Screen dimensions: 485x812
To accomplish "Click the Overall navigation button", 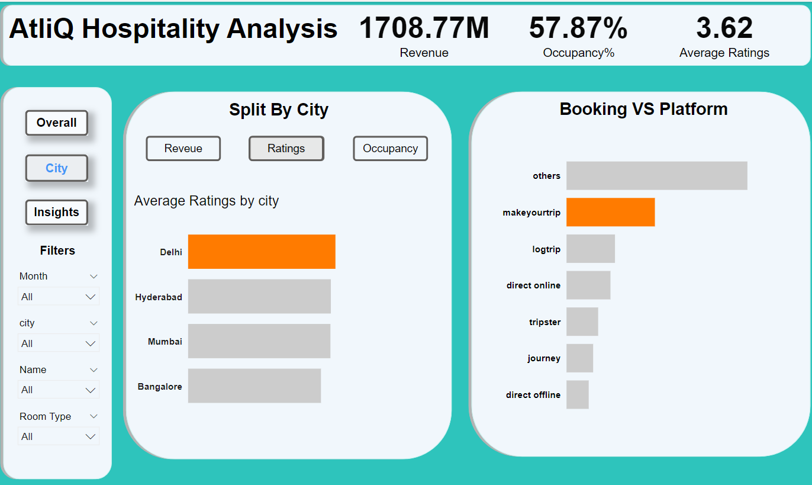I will coord(56,123).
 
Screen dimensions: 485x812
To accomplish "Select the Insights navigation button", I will coord(56,213).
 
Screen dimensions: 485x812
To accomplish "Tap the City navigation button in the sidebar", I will coord(56,168).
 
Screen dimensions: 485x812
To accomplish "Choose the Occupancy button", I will coord(390,149).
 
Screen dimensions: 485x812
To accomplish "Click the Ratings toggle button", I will coord(286,149).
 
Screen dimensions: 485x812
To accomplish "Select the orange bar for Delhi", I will coord(262,252).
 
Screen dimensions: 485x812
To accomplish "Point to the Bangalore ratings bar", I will coord(254,386).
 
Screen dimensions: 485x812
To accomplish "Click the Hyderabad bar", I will coord(259,297).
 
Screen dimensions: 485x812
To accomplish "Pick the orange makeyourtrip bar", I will coord(610,212).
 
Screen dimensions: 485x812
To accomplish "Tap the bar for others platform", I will coord(656,176).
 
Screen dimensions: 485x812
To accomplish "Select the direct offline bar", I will coord(577,394).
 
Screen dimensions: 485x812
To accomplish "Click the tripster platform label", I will coord(544,322).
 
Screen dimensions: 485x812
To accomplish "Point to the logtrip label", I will coord(546,249).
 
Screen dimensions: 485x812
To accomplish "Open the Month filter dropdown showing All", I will coord(58,297).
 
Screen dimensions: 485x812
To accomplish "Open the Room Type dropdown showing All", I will coord(58,436).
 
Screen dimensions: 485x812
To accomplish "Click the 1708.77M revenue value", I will coord(424,28).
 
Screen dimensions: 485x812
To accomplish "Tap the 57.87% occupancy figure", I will coord(578,28).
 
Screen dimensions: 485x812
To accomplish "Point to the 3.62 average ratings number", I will coord(724,28).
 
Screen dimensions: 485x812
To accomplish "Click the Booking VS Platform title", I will coord(643,109).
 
